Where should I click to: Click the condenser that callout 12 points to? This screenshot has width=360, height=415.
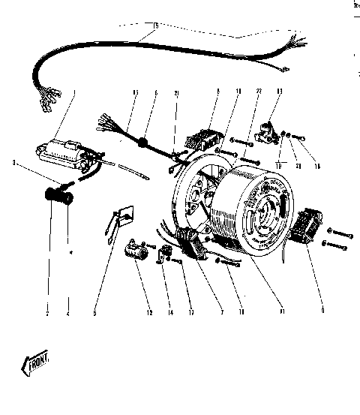pyautogui.click(x=136, y=251)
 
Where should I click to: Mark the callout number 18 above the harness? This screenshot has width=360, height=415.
pyautogui.click(x=155, y=27)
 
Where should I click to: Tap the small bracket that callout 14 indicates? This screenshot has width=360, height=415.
pyautogui.click(x=160, y=257)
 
